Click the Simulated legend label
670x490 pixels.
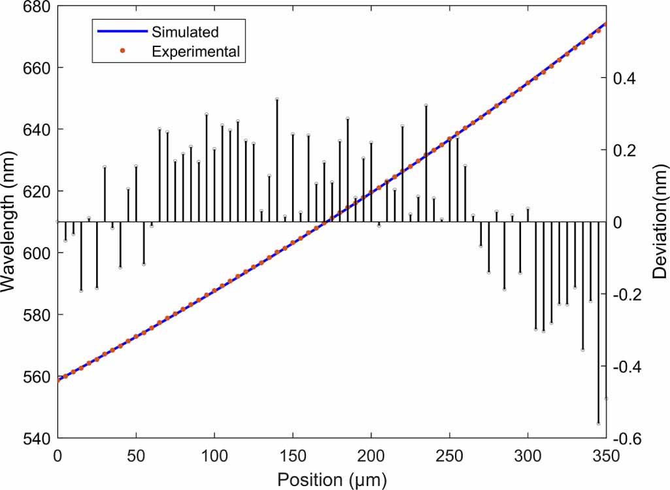click(185, 31)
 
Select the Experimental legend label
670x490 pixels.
click(195, 51)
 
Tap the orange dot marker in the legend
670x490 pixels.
click(122, 51)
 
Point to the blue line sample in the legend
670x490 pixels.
click(122, 31)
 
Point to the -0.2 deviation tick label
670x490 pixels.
click(625, 295)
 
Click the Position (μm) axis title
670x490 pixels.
click(332, 479)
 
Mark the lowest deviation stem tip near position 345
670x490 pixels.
click(598, 423)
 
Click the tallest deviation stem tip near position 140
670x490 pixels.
click(277, 99)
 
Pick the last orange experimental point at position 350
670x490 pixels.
click(606, 24)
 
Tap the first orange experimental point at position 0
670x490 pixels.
click(58, 380)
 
